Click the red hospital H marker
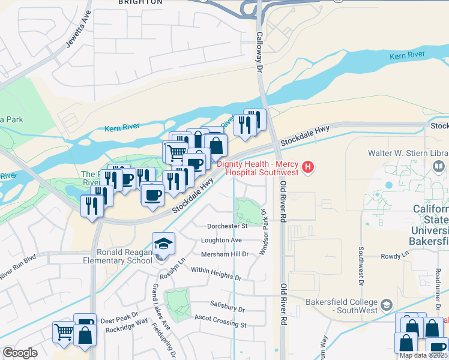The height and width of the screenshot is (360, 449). [x=308, y=167]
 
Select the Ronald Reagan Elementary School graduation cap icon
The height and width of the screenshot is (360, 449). [x=163, y=244]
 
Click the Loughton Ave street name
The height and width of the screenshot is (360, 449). [x=221, y=240]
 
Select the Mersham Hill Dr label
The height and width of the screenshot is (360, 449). [x=225, y=254]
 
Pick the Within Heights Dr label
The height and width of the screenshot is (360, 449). [x=215, y=274]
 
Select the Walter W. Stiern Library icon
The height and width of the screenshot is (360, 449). [x=439, y=165]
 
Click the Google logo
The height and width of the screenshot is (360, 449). [x=20, y=353]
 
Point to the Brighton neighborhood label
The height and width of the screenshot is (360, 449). [x=140, y=2]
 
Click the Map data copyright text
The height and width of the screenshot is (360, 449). [x=424, y=355]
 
